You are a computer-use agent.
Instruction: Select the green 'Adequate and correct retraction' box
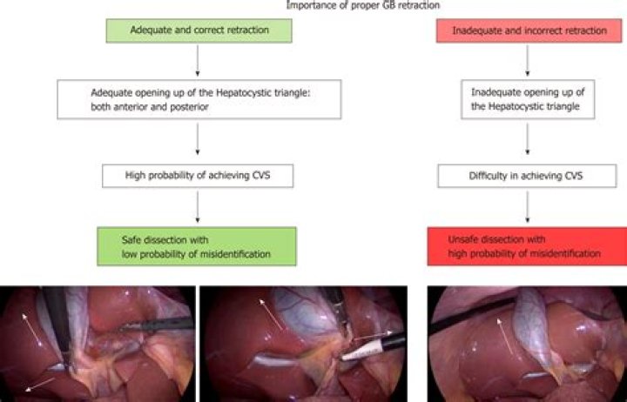199,30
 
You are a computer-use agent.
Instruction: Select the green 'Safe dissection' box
199,246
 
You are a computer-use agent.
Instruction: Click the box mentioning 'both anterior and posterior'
199,100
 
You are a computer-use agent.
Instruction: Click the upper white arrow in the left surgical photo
37,318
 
